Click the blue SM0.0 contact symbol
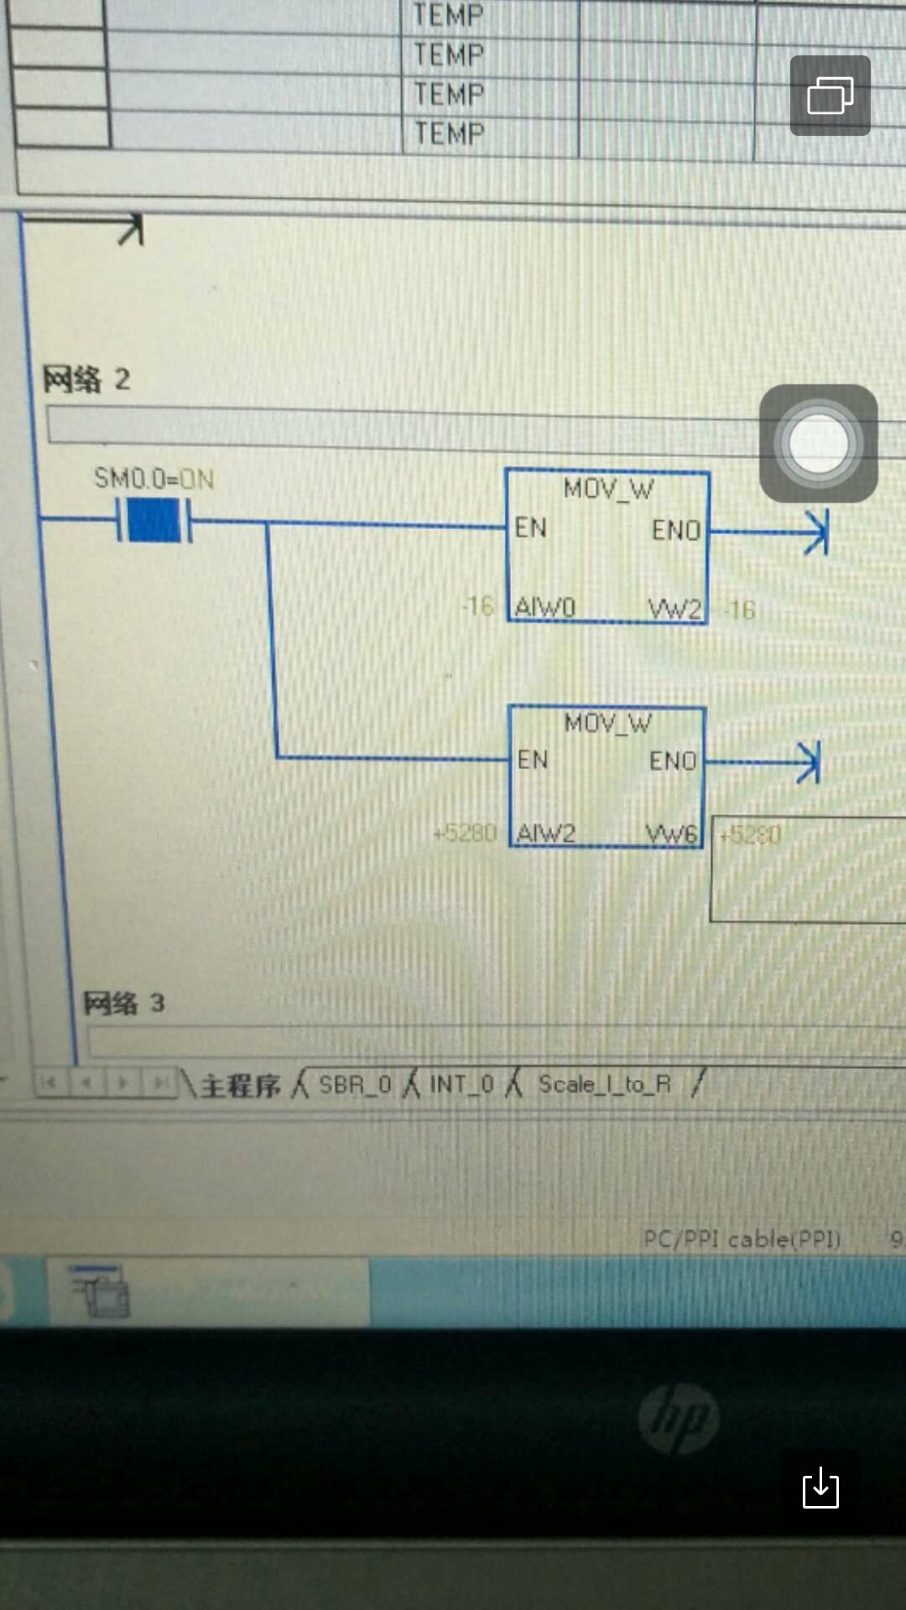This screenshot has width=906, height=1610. click(154, 520)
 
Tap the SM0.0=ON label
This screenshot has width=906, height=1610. click(154, 479)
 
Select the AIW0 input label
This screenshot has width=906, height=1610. click(545, 606)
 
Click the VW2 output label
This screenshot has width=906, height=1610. click(674, 609)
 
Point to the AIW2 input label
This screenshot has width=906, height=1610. click(546, 833)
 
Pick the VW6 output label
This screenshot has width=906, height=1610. click(671, 834)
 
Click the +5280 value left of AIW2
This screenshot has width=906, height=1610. click(466, 833)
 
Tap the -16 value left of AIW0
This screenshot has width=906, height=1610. click(478, 605)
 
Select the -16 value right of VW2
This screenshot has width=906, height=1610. click(740, 610)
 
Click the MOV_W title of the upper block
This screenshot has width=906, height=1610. click(608, 489)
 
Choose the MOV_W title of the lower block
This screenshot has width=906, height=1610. click(607, 723)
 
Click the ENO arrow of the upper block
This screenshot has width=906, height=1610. click(815, 532)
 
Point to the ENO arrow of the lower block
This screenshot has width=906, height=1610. click(807, 762)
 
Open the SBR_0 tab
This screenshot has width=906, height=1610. click(355, 1085)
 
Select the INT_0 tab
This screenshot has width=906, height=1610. click(461, 1084)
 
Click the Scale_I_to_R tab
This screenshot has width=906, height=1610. click(604, 1084)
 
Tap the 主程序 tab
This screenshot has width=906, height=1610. click(240, 1086)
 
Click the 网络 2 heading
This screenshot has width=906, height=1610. click(86, 379)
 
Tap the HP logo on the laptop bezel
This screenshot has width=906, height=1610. click(679, 1417)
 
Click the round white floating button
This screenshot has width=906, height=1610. click(818, 443)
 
